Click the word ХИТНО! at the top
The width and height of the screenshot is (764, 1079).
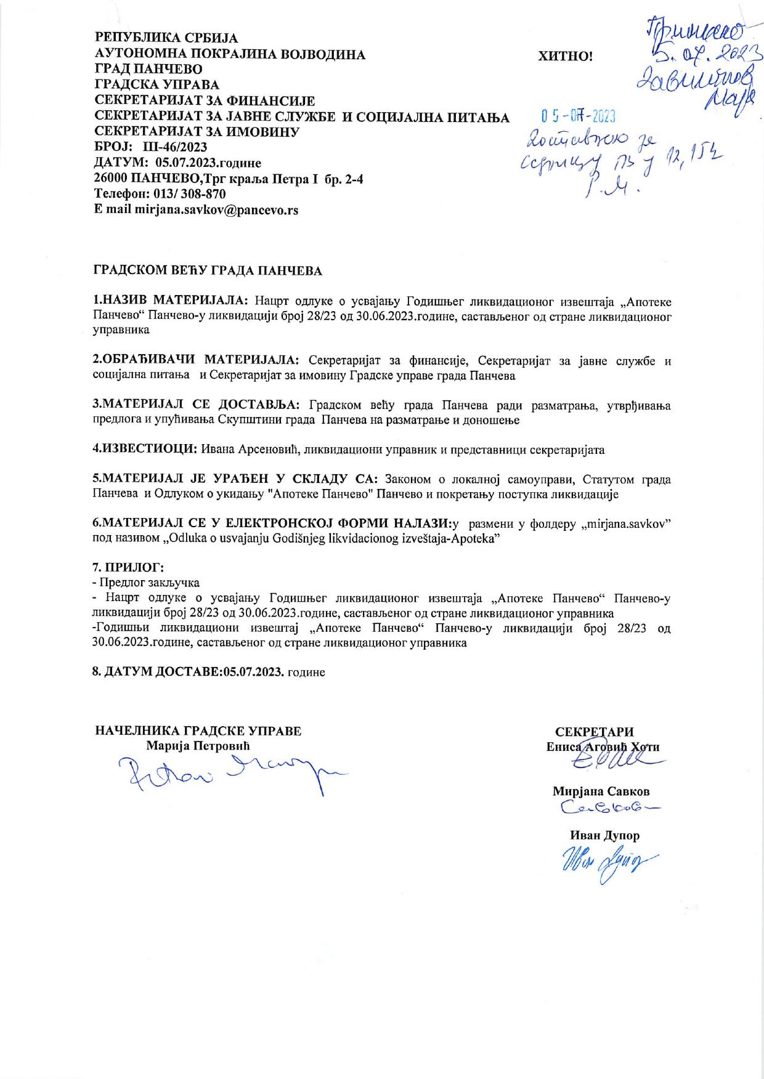565,57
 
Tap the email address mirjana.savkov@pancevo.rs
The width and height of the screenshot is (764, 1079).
216,209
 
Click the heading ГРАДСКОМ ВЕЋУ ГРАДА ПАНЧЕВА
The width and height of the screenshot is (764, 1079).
208,271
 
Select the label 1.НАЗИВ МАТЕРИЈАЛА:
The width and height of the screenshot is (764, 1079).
171,301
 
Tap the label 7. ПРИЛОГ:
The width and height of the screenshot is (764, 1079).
128,567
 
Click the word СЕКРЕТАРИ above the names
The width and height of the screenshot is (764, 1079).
594,732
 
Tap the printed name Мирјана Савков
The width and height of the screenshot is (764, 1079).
601,791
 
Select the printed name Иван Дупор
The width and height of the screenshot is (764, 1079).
604,836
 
